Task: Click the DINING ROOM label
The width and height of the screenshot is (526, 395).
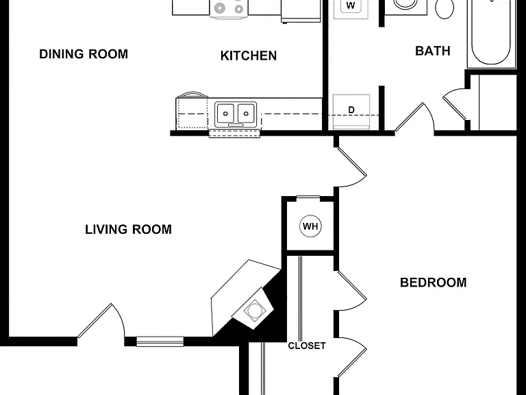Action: coord(84,54)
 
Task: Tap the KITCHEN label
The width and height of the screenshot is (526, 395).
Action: coord(249,56)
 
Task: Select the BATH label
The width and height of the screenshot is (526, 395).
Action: coord(433,51)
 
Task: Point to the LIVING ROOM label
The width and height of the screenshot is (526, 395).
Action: coord(128,230)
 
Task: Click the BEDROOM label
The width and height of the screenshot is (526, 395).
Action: coord(433,283)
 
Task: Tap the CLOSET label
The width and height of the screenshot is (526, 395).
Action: coord(307,346)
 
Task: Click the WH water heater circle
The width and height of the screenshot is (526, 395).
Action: coord(310,226)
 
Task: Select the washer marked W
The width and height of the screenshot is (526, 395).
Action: coord(351,8)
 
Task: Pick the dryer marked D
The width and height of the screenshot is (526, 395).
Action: coord(351,112)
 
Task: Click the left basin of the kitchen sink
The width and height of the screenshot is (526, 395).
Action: coord(225,113)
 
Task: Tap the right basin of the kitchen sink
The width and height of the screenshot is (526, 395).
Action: coord(247,113)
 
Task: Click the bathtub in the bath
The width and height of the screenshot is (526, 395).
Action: coord(491,33)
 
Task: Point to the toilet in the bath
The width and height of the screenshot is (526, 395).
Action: coord(444,8)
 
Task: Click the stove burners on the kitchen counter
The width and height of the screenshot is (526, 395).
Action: coord(229,8)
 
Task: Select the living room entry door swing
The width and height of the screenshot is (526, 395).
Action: coord(101,321)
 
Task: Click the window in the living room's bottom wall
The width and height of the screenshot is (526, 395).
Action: coord(160,342)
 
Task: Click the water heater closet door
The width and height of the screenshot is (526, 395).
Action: coord(308,198)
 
